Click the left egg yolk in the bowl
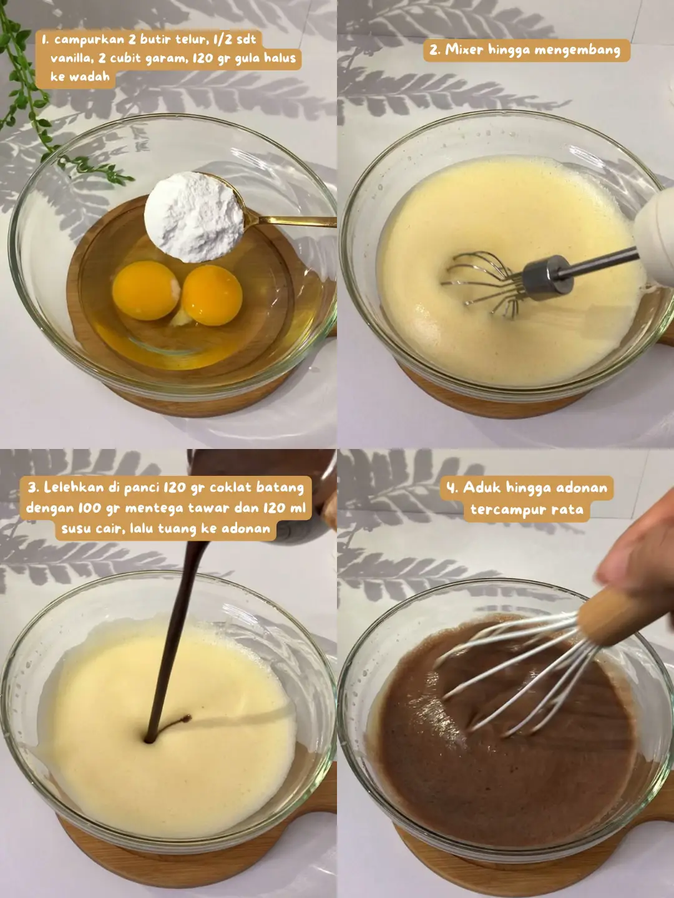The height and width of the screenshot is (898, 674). tap(145, 290)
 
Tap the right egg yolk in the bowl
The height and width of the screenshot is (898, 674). tap(212, 295)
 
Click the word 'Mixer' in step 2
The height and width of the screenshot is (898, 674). tap(464, 50)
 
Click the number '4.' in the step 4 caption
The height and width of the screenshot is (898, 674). tap(452, 488)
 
